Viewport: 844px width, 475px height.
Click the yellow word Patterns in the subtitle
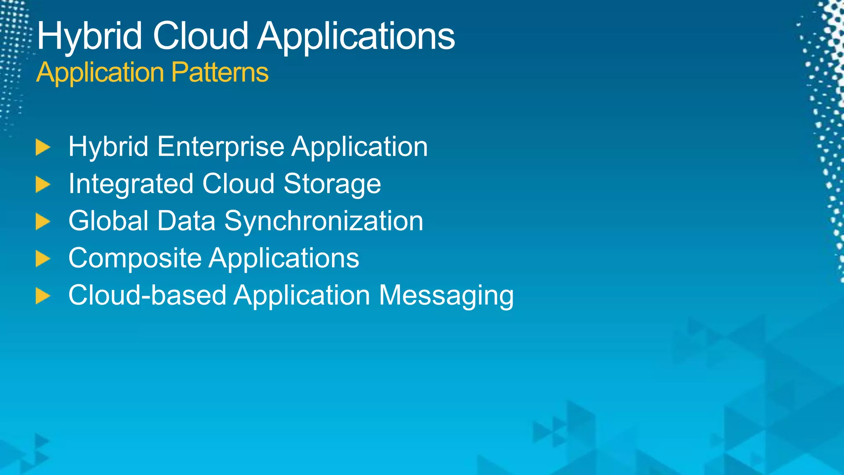[220, 73]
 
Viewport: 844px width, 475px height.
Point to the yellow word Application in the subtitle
[100, 73]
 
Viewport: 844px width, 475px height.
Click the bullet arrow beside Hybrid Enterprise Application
[42, 147]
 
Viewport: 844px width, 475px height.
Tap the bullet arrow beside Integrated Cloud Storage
[42, 184]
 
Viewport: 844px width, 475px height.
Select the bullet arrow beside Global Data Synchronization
[42, 221]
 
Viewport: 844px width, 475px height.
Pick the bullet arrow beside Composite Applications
[42, 259]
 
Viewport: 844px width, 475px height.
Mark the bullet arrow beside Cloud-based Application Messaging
[42, 296]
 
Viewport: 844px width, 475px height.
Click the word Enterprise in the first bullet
[220, 147]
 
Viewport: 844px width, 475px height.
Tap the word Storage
[332, 184]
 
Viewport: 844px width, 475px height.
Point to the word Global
[108, 221]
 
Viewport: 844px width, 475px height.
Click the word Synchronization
[324, 221]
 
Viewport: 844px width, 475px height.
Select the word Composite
[135, 259]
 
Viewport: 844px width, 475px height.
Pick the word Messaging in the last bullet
[446, 296]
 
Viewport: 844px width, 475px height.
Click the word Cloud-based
[147, 295]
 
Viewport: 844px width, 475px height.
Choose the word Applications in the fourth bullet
[284, 259]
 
